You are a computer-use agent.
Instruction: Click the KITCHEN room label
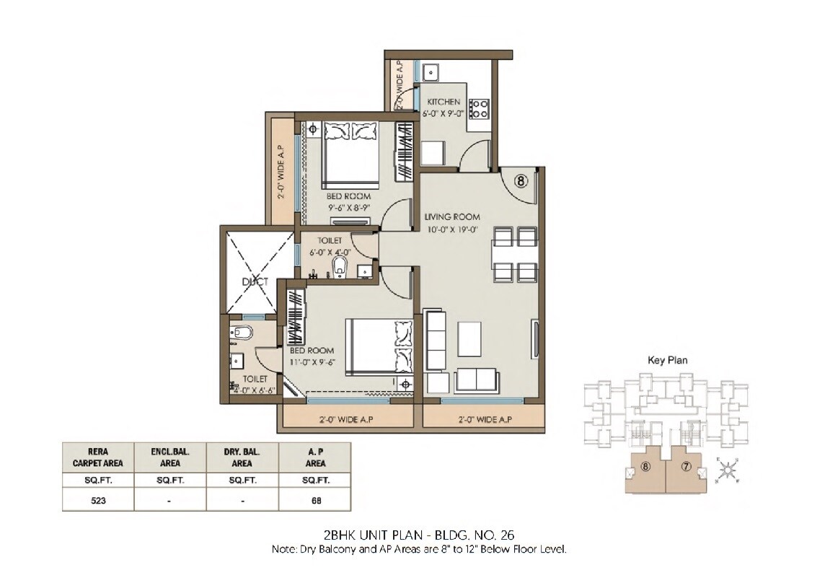(x=444, y=102)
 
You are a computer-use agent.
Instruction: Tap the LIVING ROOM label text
(x=452, y=217)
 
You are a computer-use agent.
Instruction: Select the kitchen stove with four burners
(x=479, y=109)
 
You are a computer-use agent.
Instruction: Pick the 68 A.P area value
(x=314, y=499)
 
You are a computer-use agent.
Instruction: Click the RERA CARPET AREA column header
(x=98, y=457)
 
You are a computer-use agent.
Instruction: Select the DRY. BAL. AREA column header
(x=242, y=457)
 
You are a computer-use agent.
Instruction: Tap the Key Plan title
(x=668, y=359)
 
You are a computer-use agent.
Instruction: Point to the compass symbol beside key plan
(x=728, y=470)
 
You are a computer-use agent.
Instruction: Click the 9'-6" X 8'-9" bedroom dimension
(x=349, y=206)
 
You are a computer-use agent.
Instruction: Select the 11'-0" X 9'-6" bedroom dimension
(x=312, y=362)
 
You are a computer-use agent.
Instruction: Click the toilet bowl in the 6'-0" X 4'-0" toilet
(x=340, y=269)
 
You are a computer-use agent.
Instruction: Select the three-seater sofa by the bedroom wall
(x=435, y=339)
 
